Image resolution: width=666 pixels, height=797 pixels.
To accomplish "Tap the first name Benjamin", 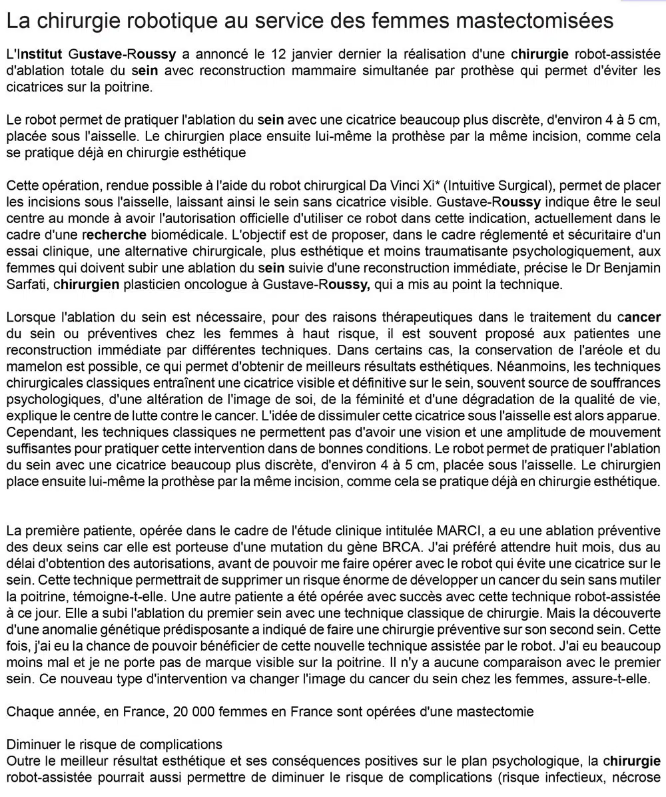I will [x=630, y=268].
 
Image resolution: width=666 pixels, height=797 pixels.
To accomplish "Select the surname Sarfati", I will [x=26, y=284].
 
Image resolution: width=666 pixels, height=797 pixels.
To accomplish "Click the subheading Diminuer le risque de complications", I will [x=115, y=744].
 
